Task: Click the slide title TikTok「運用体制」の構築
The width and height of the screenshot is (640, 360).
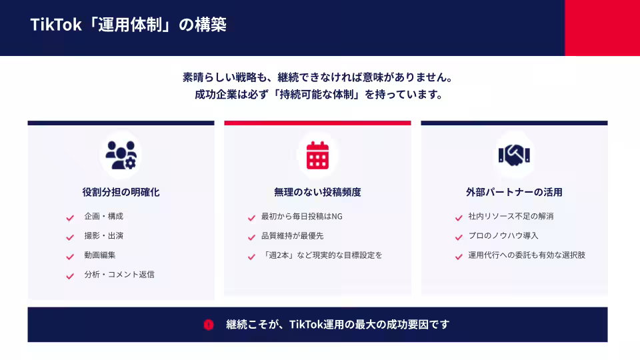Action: tap(128, 25)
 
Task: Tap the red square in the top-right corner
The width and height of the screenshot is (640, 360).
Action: tap(602, 27)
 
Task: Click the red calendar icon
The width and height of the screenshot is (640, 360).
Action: tap(317, 155)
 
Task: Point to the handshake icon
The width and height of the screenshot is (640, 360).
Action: tap(514, 155)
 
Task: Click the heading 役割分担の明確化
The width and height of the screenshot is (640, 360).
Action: tap(121, 192)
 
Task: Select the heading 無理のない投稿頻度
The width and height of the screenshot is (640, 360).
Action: tap(317, 192)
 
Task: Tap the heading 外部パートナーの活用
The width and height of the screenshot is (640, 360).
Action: tap(514, 192)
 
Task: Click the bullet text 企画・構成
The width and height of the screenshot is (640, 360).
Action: tap(104, 217)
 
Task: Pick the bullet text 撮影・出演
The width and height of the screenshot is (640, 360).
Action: tap(104, 236)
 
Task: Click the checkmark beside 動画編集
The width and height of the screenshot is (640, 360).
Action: tap(70, 256)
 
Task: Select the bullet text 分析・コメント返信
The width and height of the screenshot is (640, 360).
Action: tap(119, 275)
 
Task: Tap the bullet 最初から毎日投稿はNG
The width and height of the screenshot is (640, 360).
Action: tap(302, 217)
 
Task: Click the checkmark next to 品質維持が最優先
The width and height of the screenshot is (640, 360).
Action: tap(251, 237)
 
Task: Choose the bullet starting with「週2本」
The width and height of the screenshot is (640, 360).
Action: tap(322, 255)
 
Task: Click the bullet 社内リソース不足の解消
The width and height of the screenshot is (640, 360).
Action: tap(511, 217)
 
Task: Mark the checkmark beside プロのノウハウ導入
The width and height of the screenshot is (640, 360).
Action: tap(459, 237)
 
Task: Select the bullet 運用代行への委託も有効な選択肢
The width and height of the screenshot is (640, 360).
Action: tap(527, 255)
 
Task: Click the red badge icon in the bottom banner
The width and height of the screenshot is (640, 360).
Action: tap(209, 325)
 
